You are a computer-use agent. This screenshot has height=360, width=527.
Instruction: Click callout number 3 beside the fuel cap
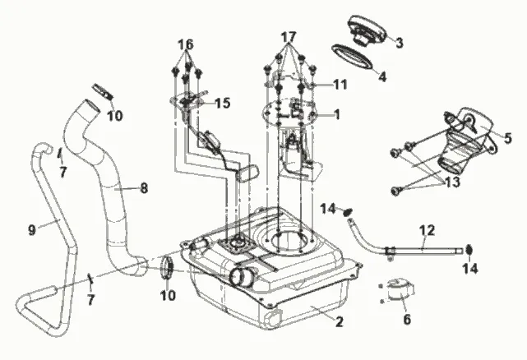point(399,43)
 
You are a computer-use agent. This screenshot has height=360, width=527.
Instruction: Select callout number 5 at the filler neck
point(508,137)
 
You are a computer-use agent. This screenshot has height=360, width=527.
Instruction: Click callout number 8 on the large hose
point(144,187)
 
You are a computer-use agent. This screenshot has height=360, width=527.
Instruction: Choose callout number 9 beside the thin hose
point(32,230)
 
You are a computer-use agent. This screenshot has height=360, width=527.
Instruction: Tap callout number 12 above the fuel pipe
point(426,230)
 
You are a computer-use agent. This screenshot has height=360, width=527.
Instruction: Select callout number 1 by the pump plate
point(335,115)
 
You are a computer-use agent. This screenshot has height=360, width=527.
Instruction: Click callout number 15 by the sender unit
point(223,104)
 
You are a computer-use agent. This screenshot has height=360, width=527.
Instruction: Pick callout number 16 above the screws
point(186,43)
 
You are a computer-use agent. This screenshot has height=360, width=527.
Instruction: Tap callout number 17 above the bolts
point(288,38)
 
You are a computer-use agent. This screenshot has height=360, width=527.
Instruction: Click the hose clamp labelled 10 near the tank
point(167,268)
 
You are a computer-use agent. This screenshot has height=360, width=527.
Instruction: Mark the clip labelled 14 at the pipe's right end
point(468,249)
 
